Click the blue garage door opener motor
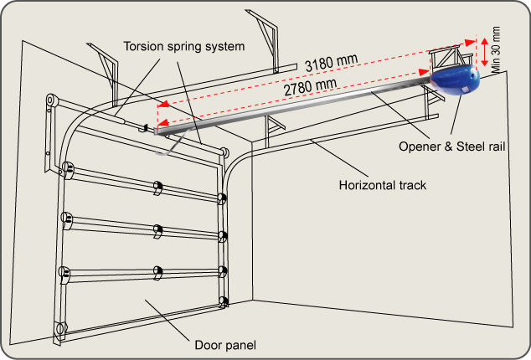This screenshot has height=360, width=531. click(455, 80)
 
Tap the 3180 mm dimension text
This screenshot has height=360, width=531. click(331, 63)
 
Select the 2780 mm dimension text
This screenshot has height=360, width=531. click(310, 87)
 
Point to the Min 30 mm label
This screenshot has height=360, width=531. click(496, 50)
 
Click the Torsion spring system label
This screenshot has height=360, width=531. click(184, 46)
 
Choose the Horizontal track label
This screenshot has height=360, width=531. click(382, 185)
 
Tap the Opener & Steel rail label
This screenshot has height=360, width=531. click(451, 147)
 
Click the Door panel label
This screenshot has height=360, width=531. click(225, 345)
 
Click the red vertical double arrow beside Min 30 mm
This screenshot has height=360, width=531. click(485, 51)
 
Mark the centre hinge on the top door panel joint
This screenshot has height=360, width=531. click(157, 188)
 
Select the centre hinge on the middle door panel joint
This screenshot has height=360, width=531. click(157, 231)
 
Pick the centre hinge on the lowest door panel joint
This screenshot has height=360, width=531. click(157, 273)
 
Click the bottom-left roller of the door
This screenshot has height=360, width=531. click(60, 328)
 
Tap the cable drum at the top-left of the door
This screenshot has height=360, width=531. click(51, 100)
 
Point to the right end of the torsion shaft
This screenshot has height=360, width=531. click(224, 152)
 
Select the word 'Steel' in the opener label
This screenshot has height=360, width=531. click(469, 147)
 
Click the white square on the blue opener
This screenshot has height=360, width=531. click(466, 89)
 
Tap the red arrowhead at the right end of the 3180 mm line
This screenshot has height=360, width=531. click(470, 43)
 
